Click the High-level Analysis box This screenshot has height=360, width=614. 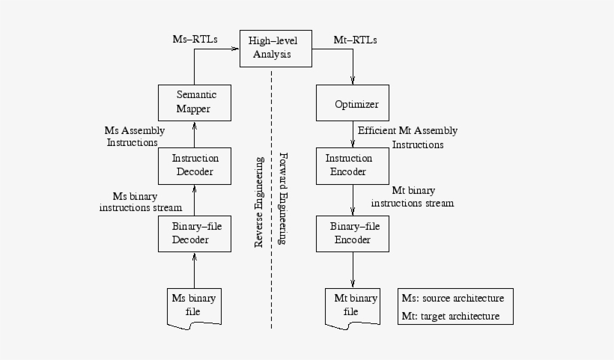point(270,49)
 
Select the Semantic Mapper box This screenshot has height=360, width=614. point(194,103)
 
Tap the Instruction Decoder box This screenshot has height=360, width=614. point(194,165)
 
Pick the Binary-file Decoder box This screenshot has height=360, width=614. point(194,234)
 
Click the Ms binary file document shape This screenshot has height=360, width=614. point(193,305)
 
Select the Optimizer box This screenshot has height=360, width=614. point(353,103)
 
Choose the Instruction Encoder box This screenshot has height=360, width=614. point(353,165)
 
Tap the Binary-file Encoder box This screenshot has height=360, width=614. point(353,234)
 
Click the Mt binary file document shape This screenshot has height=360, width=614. point(352,305)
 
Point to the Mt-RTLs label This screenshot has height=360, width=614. point(355,40)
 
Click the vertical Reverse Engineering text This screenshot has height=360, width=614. point(259,202)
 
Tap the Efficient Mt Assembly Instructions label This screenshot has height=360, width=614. point(408,137)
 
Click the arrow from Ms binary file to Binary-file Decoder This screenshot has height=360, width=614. point(194,269)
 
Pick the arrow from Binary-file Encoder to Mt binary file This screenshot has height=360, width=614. point(353,268)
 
